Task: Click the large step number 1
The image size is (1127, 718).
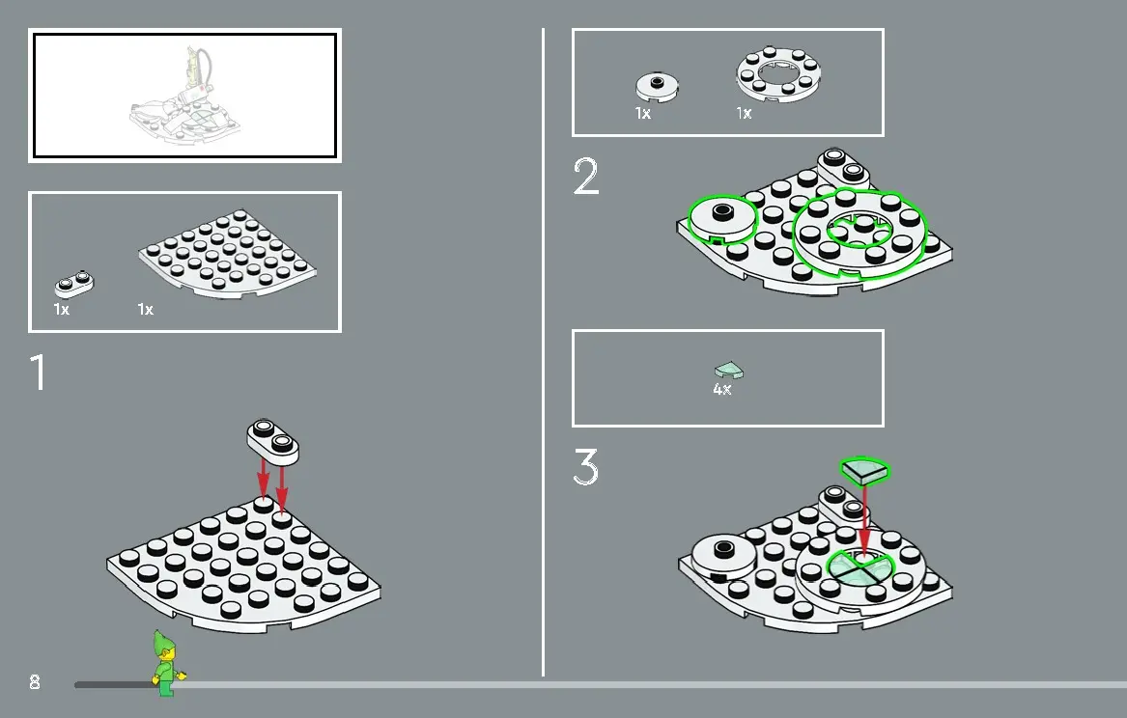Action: (39, 372)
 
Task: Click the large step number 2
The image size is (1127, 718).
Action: (586, 176)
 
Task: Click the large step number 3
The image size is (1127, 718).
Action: (586, 467)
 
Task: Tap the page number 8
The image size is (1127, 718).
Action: (35, 681)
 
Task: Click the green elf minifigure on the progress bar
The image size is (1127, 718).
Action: (167, 663)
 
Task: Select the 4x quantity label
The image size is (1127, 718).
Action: (722, 389)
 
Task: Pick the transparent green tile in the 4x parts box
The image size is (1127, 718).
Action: (729, 370)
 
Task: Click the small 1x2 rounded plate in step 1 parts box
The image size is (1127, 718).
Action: (74, 285)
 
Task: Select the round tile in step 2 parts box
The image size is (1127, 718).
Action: (657, 87)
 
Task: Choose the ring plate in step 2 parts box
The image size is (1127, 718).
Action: (778, 74)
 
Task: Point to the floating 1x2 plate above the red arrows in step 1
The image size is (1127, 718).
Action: (273, 439)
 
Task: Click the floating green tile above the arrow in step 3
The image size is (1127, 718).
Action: (865, 470)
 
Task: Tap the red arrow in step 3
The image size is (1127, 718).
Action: (864, 518)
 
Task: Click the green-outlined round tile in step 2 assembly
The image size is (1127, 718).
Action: (722, 220)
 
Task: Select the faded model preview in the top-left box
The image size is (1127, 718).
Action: (185, 96)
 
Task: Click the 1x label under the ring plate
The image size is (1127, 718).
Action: (744, 114)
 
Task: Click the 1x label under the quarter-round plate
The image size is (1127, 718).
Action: (145, 310)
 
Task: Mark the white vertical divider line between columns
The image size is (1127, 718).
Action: (544, 352)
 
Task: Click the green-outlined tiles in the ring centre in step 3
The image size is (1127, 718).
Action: (860, 566)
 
